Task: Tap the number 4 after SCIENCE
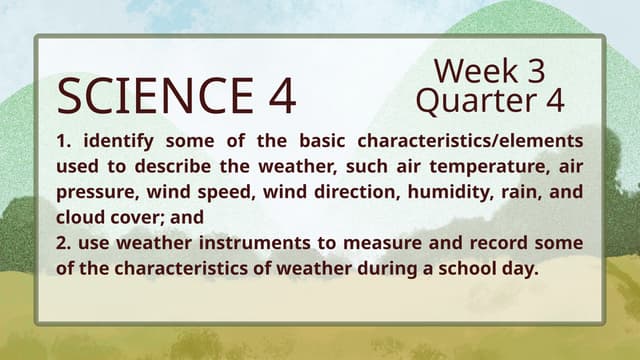point(281,96)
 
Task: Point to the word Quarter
point(473,101)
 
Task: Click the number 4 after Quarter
point(552,101)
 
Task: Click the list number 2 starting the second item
point(63,243)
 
